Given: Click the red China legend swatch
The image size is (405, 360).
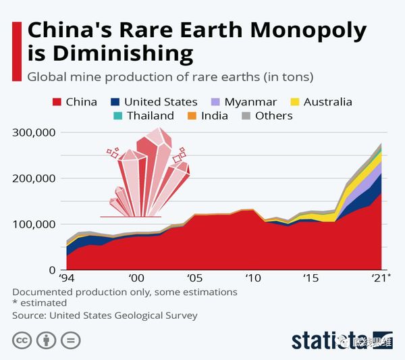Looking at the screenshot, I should pyautogui.click(x=57, y=103).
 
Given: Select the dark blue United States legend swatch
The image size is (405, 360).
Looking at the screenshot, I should pyautogui.click(x=115, y=103).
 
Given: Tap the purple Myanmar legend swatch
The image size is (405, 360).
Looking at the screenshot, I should pyautogui.click(x=215, y=103).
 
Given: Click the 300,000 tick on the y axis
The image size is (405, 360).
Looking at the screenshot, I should pyautogui.click(x=34, y=133).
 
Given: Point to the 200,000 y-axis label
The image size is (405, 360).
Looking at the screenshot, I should pyautogui.click(x=34, y=179).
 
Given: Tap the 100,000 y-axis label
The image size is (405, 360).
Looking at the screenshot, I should pyautogui.click(x=34, y=224).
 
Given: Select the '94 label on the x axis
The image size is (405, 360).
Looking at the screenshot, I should pyautogui.click(x=66, y=278).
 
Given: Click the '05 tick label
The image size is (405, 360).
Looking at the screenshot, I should pyautogui.click(x=194, y=278).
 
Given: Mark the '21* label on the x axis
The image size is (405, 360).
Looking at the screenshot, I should pyautogui.click(x=381, y=278).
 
